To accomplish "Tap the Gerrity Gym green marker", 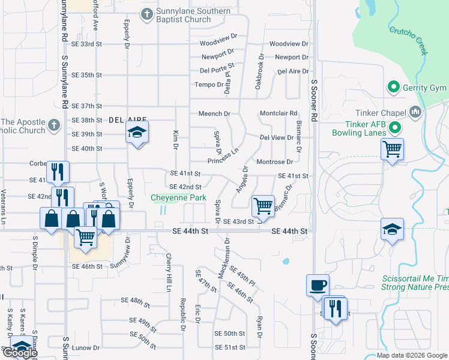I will tap(394, 88).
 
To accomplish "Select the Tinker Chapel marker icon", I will tap(415, 112).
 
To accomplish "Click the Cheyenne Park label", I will tap(178, 197).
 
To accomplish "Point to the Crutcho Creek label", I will tap(408, 41).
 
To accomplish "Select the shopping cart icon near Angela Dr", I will tap(263, 206).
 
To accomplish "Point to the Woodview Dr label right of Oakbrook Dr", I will tap(288, 44).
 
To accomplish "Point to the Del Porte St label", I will tap(217, 70).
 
